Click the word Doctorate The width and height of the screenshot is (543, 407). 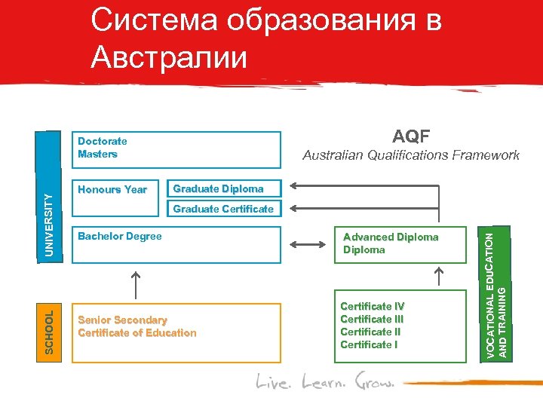point(103,141)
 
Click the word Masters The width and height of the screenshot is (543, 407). point(97,154)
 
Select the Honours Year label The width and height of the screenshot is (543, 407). point(112,190)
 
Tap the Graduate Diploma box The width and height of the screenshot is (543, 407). point(218,189)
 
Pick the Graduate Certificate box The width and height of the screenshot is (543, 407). point(223,209)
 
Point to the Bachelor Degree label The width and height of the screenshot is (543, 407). point(119,237)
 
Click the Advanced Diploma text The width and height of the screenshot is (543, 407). point(390,237)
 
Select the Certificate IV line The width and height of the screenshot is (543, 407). point(372,306)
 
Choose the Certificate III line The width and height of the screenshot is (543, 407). point(372,319)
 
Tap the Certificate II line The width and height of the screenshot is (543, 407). point(370,332)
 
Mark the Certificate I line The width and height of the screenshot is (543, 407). point(369,344)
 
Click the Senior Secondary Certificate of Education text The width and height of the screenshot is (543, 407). point(137,326)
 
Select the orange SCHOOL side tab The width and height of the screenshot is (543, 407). point(50,332)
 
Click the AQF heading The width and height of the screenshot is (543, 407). point(411,136)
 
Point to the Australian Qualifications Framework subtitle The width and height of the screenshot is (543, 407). point(411,155)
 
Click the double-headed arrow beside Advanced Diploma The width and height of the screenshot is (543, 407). point(306,244)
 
